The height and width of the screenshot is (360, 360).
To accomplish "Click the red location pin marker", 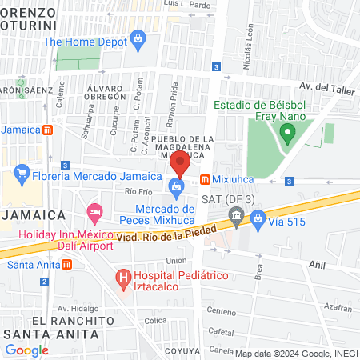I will point(180,162).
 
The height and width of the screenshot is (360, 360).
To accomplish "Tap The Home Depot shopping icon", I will point(138,38).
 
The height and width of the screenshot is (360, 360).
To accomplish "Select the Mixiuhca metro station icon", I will point(206,179).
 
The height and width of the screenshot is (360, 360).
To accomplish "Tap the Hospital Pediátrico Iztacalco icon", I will point(123,278).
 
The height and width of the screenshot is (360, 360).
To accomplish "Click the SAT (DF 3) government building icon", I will point(235,214).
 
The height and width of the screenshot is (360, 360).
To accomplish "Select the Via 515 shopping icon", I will point(258,217).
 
